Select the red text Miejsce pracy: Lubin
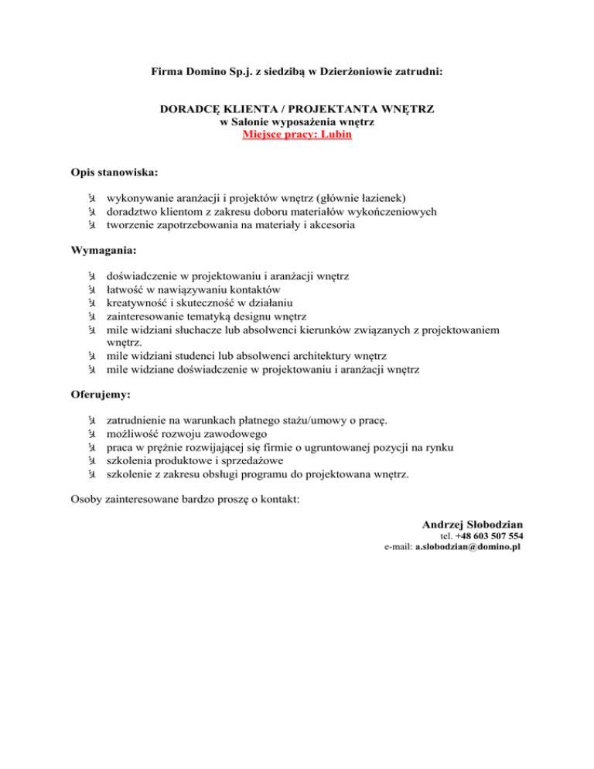coord(296,135)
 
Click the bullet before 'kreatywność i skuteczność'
coord(90,303)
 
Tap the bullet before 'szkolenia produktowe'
coord(90,461)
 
